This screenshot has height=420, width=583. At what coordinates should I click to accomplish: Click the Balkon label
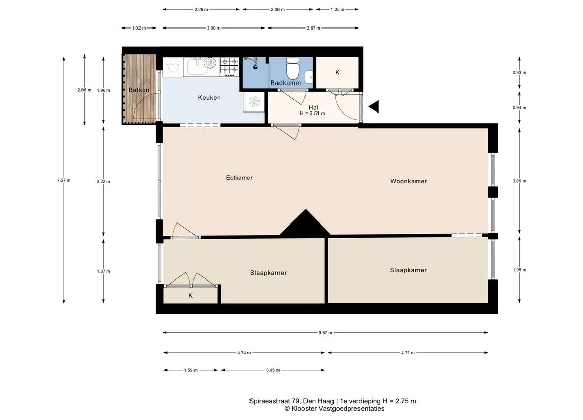click(138, 90)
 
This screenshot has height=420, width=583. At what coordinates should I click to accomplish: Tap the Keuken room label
click(209, 97)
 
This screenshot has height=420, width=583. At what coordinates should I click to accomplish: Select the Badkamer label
click(286, 83)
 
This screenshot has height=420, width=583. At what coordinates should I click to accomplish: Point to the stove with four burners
click(229, 66)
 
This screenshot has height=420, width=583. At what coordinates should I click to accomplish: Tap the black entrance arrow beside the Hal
click(374, 107)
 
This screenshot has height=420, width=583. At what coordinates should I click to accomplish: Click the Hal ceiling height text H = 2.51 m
click(313, 114)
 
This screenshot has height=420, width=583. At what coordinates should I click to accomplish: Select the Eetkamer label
click(239, 178)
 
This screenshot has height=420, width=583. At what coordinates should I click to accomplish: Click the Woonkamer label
click(408, 181)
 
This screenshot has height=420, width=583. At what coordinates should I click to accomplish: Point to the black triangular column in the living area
click(306, 223)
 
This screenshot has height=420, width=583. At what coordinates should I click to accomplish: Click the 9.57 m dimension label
click(325, 333)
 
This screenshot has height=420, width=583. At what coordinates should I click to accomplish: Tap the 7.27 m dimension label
click(64, 180)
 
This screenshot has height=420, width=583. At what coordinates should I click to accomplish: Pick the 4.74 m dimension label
click(244, 353)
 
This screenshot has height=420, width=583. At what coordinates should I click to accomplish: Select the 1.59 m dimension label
click(191, 370)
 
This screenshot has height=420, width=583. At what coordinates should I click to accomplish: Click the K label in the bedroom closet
click(191, 296)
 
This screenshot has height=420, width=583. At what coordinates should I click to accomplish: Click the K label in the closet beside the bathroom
click(337, 72)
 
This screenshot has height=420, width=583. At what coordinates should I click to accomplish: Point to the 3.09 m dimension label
click(519, 181)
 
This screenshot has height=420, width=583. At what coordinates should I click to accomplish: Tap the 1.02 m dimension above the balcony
click(139, 28)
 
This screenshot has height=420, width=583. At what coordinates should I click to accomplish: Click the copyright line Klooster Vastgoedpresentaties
click(334, 409)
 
